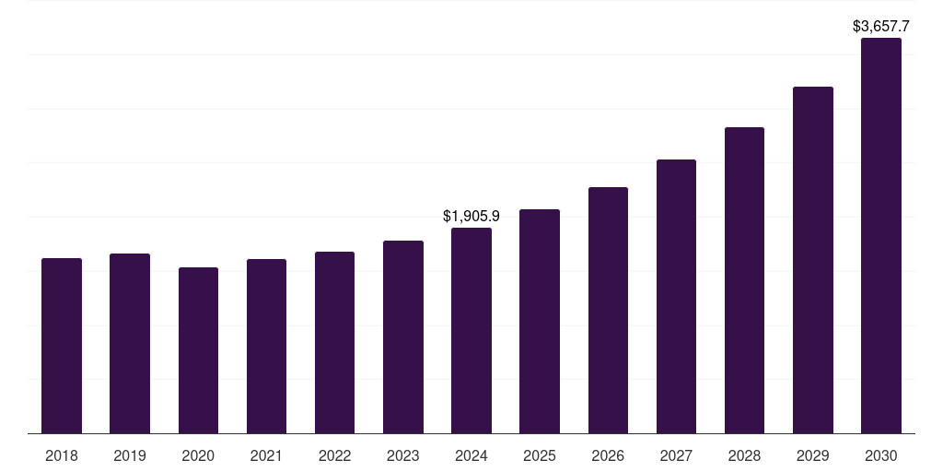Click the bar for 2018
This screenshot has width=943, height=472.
click(62, 346)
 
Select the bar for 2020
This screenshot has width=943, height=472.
click(199, 350)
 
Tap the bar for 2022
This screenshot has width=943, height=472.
click(334, 343)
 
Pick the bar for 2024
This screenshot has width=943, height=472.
click(471, 331)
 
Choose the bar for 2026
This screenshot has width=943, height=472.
click(608, 310)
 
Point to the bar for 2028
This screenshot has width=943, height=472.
click(744, 280)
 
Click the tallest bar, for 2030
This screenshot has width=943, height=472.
click(881, 235)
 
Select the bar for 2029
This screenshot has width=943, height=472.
click(813, 260)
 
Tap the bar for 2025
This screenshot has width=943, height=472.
click(540, 322)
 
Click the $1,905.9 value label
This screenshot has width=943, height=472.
click(471, 216)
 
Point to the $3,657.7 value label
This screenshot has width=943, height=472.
click(881, 27)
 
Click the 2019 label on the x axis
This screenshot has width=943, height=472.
click(130, 455)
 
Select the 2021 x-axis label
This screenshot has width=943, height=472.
click(266, 455)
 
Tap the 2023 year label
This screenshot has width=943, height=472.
click(403, 455)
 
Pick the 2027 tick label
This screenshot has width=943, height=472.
click(676, 455)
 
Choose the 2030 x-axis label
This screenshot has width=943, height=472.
click(881, 455)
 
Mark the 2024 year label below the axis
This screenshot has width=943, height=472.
click(471, 455)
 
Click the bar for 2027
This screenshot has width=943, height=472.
click(676, 296)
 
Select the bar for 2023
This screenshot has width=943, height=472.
click(403, 337)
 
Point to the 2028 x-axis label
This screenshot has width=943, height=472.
click(744, 455)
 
